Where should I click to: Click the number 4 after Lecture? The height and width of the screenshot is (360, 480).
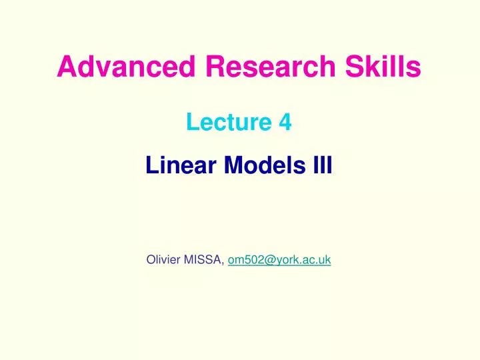(285, 123)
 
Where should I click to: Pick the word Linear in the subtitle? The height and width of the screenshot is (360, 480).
(182, 164)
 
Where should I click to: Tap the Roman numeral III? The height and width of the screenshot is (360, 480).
(323, 164)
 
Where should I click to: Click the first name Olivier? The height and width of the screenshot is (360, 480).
(165, 260)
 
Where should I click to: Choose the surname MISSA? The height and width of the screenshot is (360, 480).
(205, 260)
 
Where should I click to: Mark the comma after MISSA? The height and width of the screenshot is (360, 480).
(224, 263)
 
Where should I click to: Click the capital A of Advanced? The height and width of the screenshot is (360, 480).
(65, 67)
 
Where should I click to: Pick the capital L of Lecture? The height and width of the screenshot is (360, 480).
(191, 123)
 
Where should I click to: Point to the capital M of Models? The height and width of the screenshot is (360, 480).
(233, 164)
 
